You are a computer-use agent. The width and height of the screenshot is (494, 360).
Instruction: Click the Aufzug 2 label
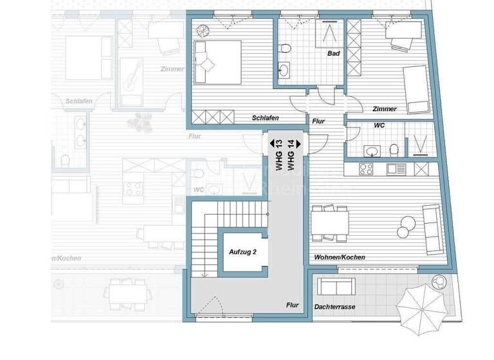point(243,252)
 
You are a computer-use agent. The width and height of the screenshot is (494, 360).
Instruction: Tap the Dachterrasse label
point(334,307)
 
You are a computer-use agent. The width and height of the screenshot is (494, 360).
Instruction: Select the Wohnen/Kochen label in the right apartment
point(340,257)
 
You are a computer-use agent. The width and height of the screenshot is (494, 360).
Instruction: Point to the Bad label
point(333,53)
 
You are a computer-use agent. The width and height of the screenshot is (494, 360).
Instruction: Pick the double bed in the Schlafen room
point(217,62)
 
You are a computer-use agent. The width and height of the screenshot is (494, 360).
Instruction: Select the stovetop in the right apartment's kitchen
point(367,169)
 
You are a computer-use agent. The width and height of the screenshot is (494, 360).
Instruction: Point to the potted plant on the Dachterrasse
point(440,282)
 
